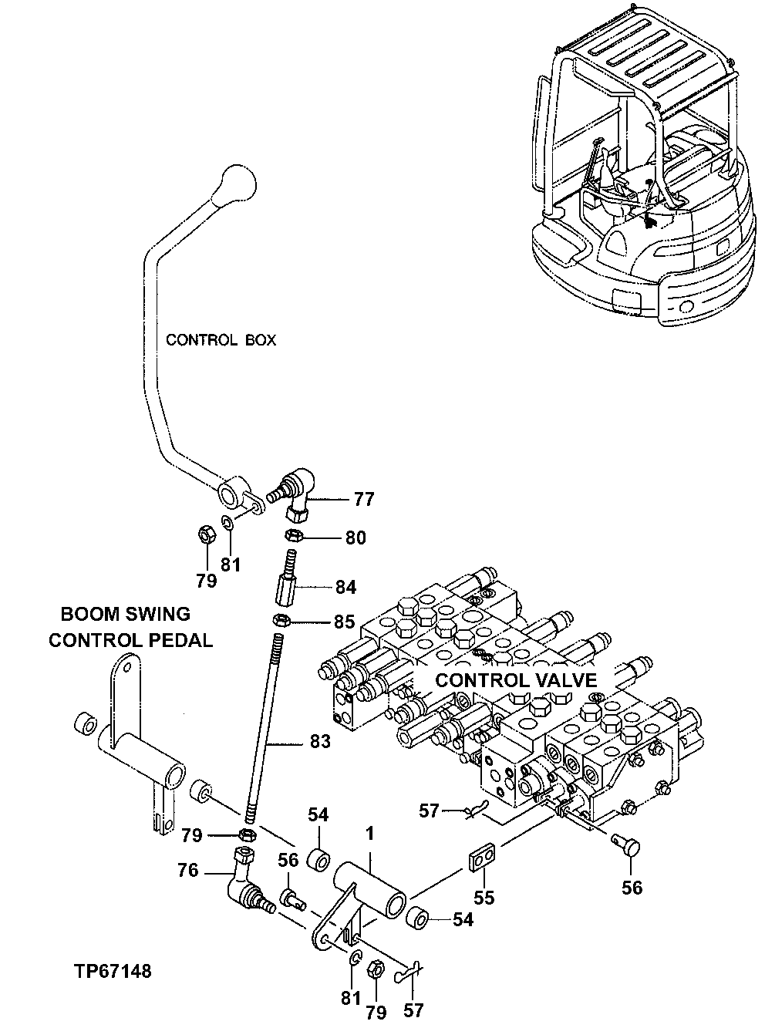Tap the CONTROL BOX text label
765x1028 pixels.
221,340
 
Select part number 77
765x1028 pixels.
363,500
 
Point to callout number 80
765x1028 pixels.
355,538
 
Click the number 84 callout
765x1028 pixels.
345,588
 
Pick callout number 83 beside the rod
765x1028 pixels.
320,742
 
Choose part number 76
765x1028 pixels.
188,871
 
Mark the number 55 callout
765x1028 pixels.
484,898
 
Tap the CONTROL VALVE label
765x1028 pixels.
516,680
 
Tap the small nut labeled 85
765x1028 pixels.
282,619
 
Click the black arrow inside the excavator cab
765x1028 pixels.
649,223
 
